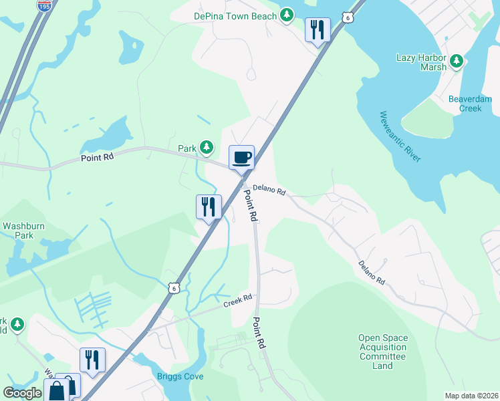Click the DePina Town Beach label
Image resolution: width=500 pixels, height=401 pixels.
[x=235, y=15]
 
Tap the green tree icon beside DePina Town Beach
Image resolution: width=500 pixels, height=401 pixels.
[x=287, y=15]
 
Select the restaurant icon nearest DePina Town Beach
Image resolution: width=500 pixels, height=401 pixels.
[x=318, y=29]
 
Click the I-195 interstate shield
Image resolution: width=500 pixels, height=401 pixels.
[x=44, y=6]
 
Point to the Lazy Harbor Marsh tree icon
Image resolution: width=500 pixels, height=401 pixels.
[x=457, y=62]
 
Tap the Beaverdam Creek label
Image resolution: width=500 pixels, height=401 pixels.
[x=470, y=104]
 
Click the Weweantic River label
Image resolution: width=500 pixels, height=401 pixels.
[x=400, y=137]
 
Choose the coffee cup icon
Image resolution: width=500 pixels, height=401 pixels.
[x=241, y=158]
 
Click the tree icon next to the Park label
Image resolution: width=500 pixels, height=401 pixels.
[x=207, y=147]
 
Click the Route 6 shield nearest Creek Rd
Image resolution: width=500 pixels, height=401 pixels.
[x=174, y=288]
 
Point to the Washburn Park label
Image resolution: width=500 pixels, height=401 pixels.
[x=23, y=231]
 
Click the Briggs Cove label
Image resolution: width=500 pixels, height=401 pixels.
[x=180, y=376]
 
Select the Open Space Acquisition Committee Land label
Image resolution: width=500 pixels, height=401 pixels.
[x=383, y=352]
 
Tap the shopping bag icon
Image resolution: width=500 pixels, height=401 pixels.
[x=57, y=390]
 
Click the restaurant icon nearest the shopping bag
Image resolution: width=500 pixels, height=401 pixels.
[x=92, y=360]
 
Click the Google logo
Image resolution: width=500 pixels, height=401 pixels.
[x=22, y=393]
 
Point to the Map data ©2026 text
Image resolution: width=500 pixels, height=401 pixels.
[x=471, y=396]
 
